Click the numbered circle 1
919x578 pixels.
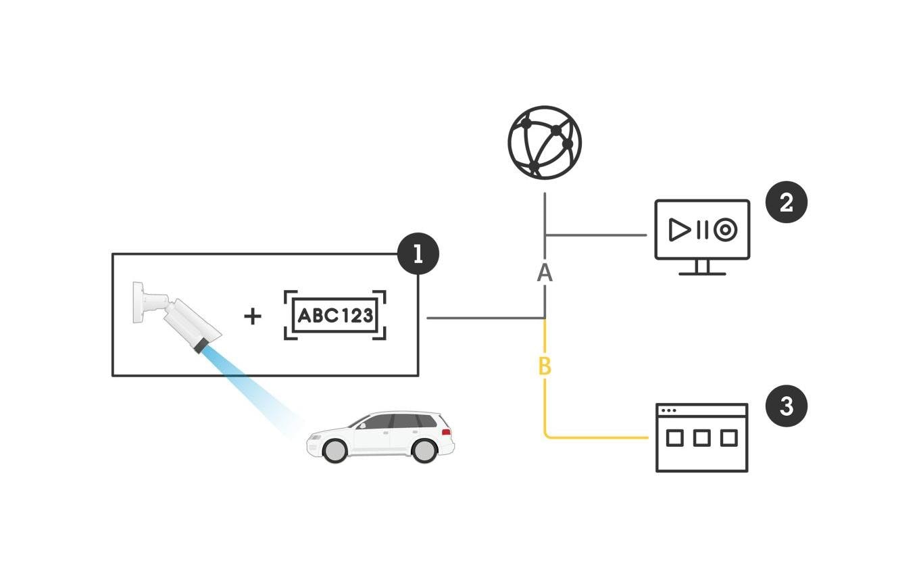[418, 254]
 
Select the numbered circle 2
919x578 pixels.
[787, 202]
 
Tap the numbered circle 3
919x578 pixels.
[787, 406]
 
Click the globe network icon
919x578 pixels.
[545, 143]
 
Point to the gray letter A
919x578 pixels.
[545, 272]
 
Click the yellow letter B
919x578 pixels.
[545, 366]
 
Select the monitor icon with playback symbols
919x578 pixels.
[702, 231]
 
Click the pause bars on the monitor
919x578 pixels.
[702, 231]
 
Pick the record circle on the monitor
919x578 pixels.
[725, 231]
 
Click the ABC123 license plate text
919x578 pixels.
[335, 316]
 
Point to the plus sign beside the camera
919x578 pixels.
[252, 316]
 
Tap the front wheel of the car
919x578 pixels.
[334, 449]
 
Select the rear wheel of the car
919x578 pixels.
[424, 449]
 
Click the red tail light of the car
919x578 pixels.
[446, 432]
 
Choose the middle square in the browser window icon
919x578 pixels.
[702, 438]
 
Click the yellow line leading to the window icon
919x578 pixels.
[595, 438]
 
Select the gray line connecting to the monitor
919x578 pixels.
[595, 235]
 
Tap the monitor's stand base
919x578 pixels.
[702, 273]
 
